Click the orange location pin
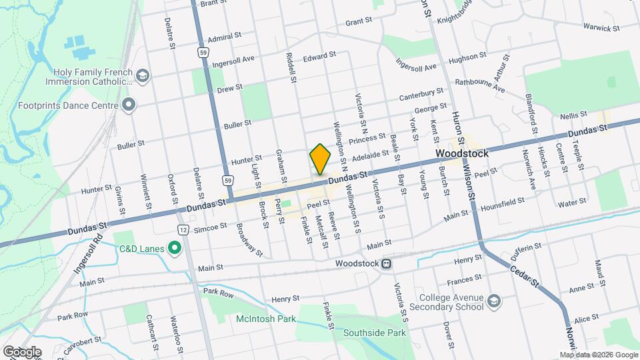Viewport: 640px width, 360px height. point(321,159)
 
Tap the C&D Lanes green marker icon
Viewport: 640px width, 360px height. point(175,250)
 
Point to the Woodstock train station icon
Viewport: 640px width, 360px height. point(386,263)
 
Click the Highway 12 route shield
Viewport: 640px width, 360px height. point(182,230)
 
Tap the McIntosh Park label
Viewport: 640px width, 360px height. point(265,319)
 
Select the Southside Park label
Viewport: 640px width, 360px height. point(374,332)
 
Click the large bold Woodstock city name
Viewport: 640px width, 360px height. point(461,153)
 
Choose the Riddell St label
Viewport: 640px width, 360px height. point(291,68)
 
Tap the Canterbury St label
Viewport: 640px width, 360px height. point(421,95)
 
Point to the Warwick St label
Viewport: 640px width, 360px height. point(601,27)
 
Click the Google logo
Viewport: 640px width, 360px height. point(22,351)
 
